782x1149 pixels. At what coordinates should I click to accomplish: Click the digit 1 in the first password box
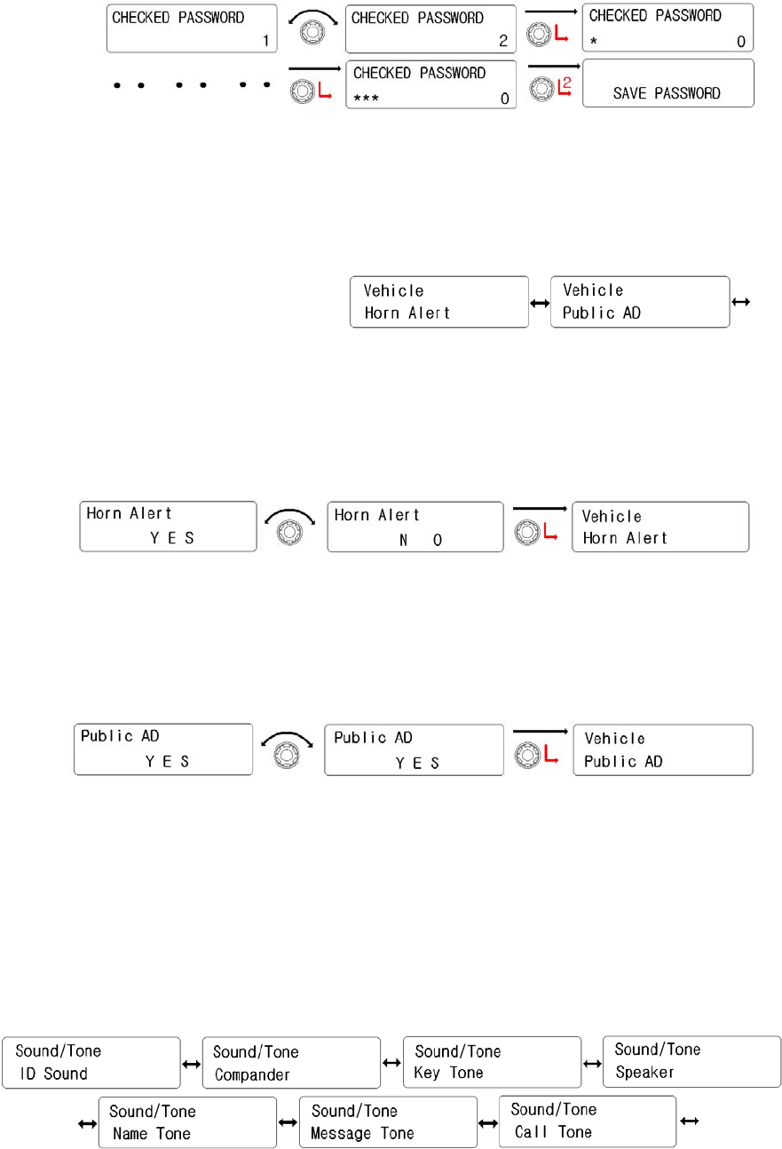point(265,40)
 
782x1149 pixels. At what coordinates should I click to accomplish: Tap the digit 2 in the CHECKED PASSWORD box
point(502,40)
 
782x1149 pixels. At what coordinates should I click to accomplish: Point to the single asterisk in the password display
point(592,41)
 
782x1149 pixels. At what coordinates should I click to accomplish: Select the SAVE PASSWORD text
point(667,93)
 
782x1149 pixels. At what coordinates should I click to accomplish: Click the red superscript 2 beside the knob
point(565,84)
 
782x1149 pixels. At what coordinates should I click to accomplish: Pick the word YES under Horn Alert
point(172,537)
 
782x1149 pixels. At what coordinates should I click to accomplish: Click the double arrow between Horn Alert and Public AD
point(539,303)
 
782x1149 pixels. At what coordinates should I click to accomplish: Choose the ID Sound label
point(54,1074)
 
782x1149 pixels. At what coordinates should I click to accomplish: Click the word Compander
point(252,1074)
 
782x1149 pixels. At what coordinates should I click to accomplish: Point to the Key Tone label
point(448,1073)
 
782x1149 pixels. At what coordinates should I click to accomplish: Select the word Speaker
point(644,1072)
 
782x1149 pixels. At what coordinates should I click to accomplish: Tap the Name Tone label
point(152,1134)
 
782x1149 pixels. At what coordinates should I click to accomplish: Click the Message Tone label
point(362,1134)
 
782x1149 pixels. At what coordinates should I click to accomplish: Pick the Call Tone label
point(553,1132)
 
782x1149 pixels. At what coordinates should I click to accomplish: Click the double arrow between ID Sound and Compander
point(191,1063)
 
